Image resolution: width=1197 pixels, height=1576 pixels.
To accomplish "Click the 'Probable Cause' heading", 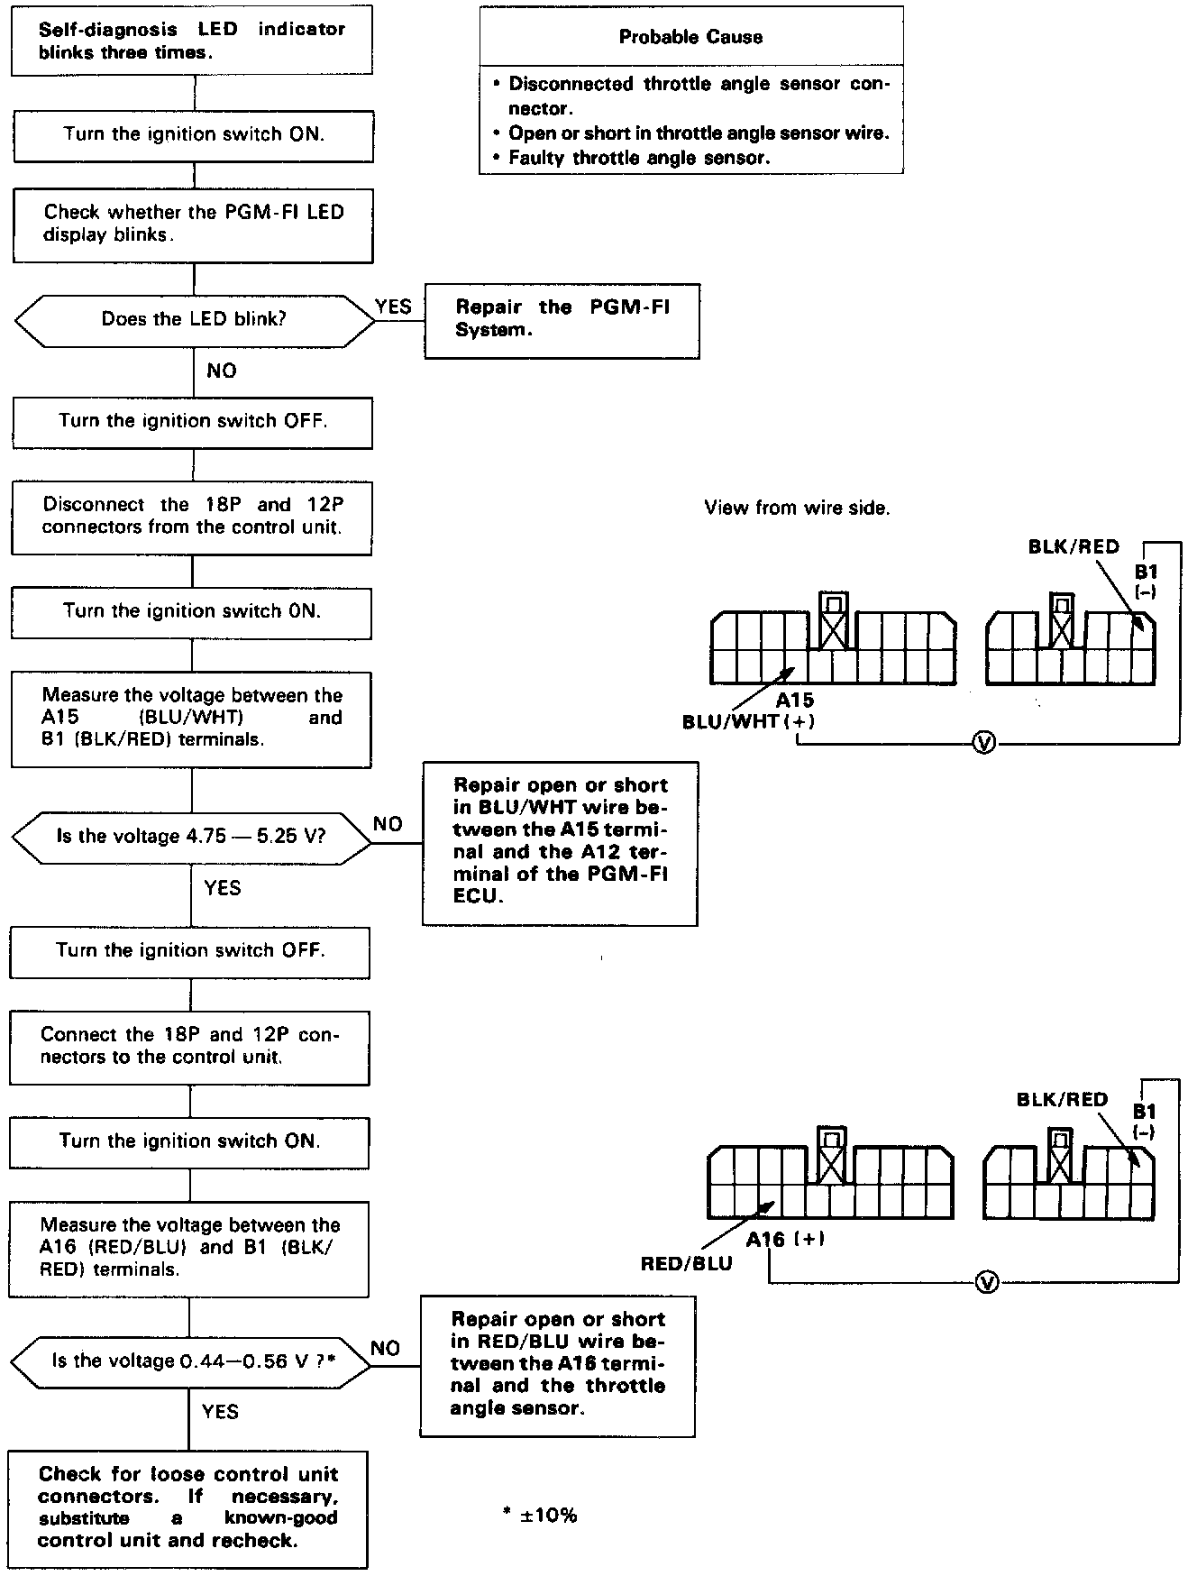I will [690, 37].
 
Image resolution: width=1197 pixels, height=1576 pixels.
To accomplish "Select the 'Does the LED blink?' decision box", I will [193, 319].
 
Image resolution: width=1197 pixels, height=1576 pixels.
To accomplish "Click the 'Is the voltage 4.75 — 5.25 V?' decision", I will [191, 836].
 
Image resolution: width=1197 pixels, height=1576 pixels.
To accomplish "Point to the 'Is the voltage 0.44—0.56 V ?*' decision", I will [191, 1361].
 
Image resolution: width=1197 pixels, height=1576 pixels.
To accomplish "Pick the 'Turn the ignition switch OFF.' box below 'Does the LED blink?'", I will [192, 421].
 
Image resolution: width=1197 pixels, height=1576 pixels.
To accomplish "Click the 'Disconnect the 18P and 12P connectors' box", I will [192, 516].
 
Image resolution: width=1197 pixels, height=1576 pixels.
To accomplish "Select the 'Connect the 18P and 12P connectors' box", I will [190, 1046].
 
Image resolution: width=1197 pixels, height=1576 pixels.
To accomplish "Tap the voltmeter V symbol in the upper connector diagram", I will [985, 743].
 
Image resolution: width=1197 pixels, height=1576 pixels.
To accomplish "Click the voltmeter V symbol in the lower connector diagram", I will [988, 1281].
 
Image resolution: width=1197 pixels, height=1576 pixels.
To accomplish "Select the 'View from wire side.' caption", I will [797, 508].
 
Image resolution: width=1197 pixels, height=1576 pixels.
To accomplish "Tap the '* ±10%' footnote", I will [540, 1516].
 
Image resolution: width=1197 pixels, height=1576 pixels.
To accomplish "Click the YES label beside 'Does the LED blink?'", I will [393, 307].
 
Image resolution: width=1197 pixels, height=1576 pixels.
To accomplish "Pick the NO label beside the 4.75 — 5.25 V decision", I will [388, 824].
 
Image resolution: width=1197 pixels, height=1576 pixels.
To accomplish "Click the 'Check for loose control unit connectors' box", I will [188, 1507].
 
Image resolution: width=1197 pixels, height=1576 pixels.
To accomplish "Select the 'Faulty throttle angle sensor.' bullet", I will [638, 158].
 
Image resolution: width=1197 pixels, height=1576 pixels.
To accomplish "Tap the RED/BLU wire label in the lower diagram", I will [686, 1263].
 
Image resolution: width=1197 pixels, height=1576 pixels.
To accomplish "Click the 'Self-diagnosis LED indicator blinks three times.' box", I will [192, 41].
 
